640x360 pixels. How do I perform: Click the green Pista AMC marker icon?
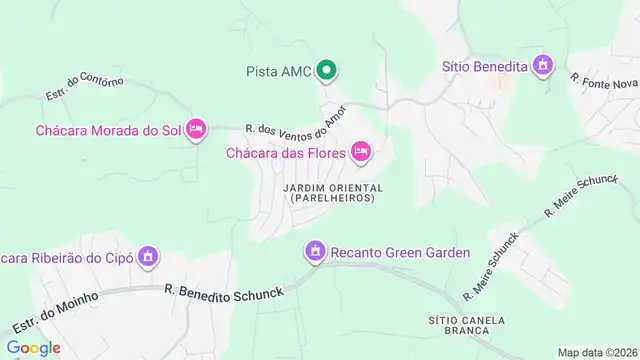pos(326,70)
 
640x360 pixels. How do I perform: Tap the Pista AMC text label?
pos(279,71)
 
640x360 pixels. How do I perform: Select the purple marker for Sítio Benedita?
pos(543,66)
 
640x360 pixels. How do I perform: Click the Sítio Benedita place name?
pos(485,67)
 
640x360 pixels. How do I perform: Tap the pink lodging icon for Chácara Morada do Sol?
pos(196,128)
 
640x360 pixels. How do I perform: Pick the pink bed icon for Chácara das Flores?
pos(361,152)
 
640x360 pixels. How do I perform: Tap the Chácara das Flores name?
pos(285,153)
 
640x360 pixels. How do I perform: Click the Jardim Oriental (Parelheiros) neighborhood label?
pos(333,192)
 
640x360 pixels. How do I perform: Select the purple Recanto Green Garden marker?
pos(315,250)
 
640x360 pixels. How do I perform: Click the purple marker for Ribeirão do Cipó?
pos(148,256)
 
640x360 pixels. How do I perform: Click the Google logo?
pos(33,348)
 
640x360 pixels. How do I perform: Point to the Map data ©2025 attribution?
pos(598,352)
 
